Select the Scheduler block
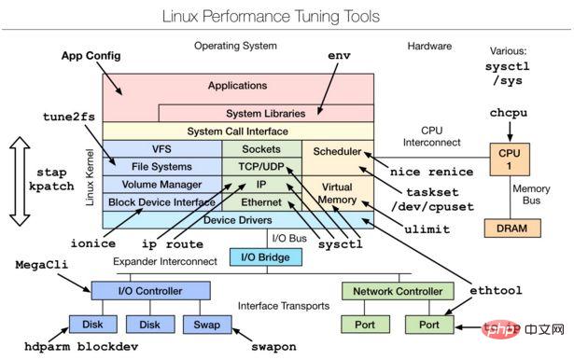pyautogui.click(x=338, y=151)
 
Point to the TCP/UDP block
pyautogui.click(x=260, y=167)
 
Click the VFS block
pyautogui.click(x=161, y=149)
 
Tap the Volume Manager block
pyautogui.click(x=161, y=185)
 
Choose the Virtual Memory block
pyautogui.click(x=338, y=193)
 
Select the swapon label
pyautogui.click(x=274, y=346)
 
